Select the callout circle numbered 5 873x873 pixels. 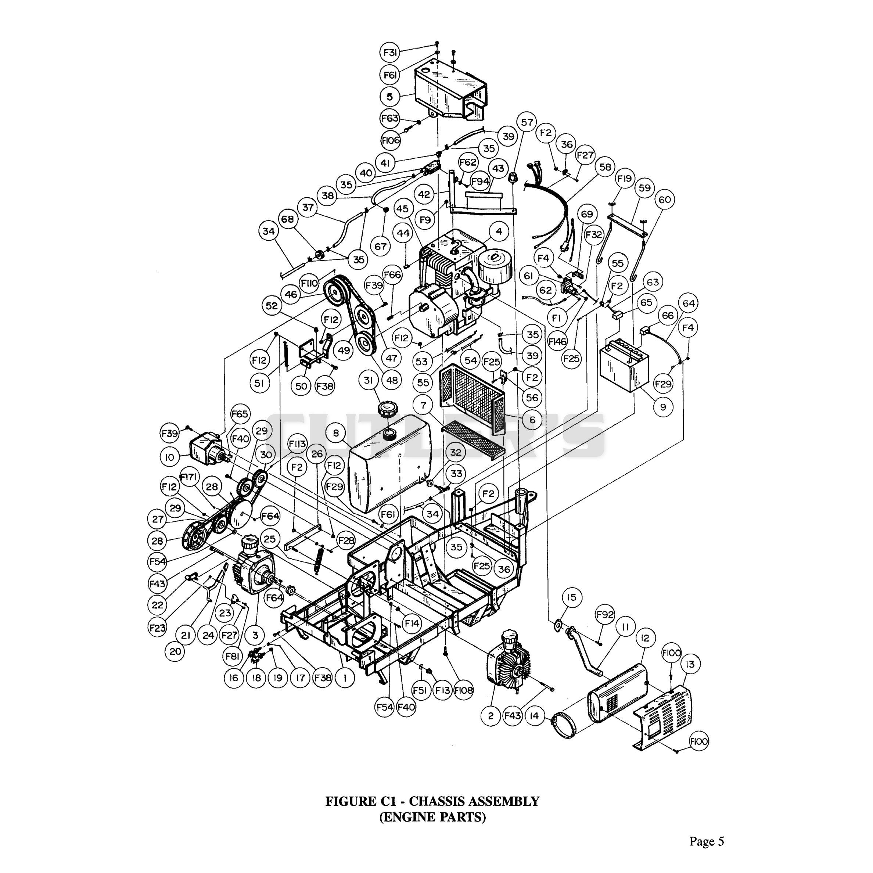coord(390,97)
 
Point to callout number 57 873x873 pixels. coord(527,122)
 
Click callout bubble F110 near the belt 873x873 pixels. coord(309,283)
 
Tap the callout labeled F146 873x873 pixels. coord(558,342)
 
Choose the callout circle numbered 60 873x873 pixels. coord(665,199)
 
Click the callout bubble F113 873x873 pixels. coord(297,445)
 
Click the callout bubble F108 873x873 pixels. coord(464,690)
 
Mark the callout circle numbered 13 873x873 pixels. coord(690,664)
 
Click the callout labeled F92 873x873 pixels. coord(605,615)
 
